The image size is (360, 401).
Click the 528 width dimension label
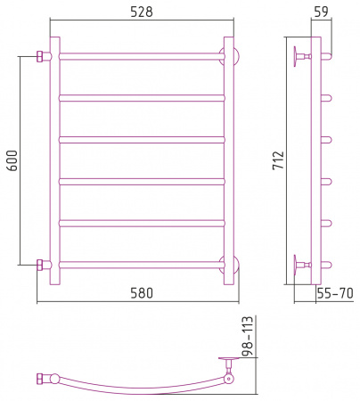tap(142, 12)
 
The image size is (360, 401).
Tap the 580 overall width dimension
tap(142, 293)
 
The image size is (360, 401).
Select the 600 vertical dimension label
tap(12, 160)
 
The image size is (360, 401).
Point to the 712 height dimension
tap(279, 160)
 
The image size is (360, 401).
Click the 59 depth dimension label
tap(321, 12)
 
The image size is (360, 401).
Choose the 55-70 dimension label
tap(335, 293)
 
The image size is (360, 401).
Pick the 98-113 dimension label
tap(248, 336)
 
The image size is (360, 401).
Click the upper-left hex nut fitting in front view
tap(40, 56)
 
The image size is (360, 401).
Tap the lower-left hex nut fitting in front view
tap(40, 265)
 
